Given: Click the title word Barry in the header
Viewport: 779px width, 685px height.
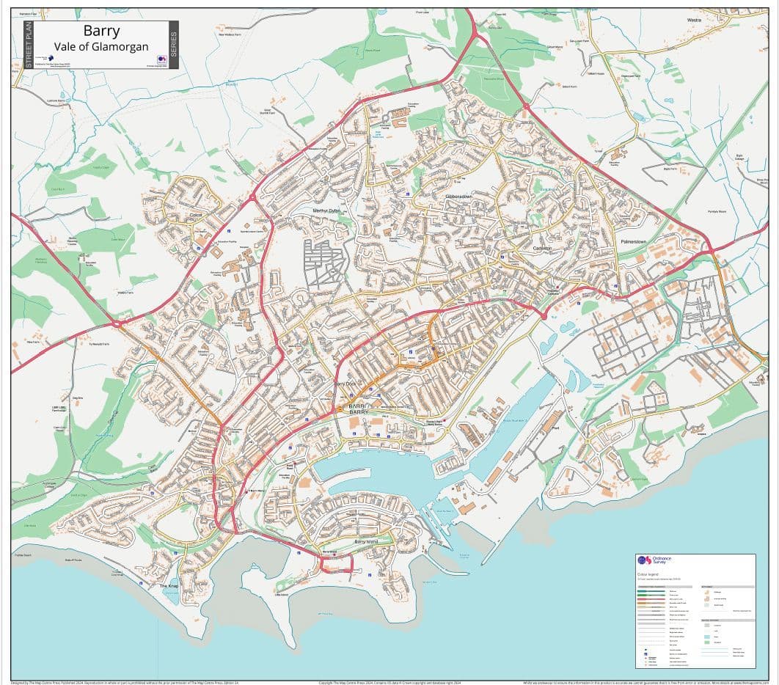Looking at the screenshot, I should [x=101, y=32].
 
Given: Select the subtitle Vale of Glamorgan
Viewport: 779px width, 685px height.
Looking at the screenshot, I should [x=101, y=48].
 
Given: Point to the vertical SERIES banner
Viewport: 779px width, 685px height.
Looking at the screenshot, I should [x=174, y=45].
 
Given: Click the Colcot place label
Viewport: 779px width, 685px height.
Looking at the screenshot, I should [x=195, y=215].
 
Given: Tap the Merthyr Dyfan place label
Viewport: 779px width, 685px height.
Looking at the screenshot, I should [x=326, y=210].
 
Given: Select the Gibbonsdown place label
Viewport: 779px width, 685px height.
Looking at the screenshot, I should [x=458, y=197].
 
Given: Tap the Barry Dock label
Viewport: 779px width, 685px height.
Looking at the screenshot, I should [x=348, y=384].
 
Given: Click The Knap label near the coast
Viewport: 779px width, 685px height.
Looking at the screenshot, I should [x=169, y=587].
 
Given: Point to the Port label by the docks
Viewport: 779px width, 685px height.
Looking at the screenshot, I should [x=566, y=429].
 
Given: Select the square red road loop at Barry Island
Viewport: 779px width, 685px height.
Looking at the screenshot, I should [x=337, y=563].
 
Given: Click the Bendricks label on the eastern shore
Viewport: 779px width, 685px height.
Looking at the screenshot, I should [x=701, y=433].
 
